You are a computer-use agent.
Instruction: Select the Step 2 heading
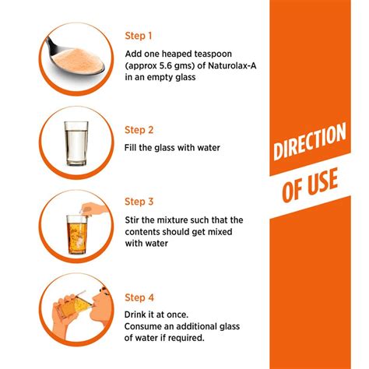(x=139, y=130)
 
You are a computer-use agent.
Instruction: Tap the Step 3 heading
(x=139, y=201)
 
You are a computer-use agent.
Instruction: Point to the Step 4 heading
(x=139, y=297)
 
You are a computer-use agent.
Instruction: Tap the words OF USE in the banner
(x=311, y=185)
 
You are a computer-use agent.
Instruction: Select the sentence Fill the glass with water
(x=171, y=147)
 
